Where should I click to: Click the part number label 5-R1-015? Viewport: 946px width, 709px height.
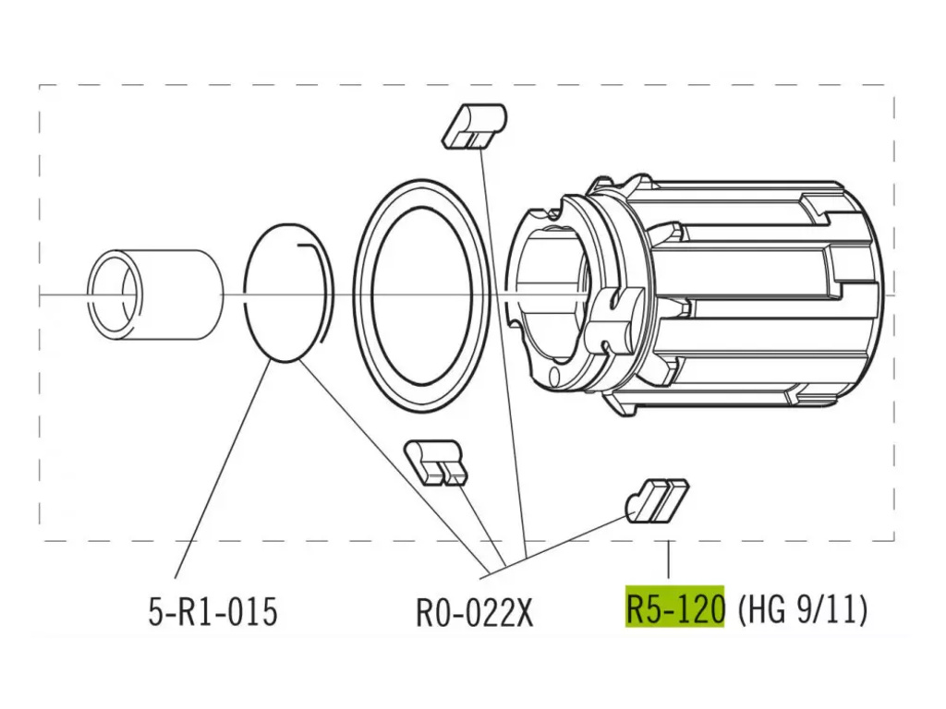[x=212, y=611]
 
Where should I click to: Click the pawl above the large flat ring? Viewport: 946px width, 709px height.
[x=474, y=126]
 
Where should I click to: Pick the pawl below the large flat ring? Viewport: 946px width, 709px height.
[x=434, y=463]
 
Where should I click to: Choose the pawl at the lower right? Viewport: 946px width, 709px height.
[x=657, y=500]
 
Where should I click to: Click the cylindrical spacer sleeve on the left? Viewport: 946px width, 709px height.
[x=155, y=294]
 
